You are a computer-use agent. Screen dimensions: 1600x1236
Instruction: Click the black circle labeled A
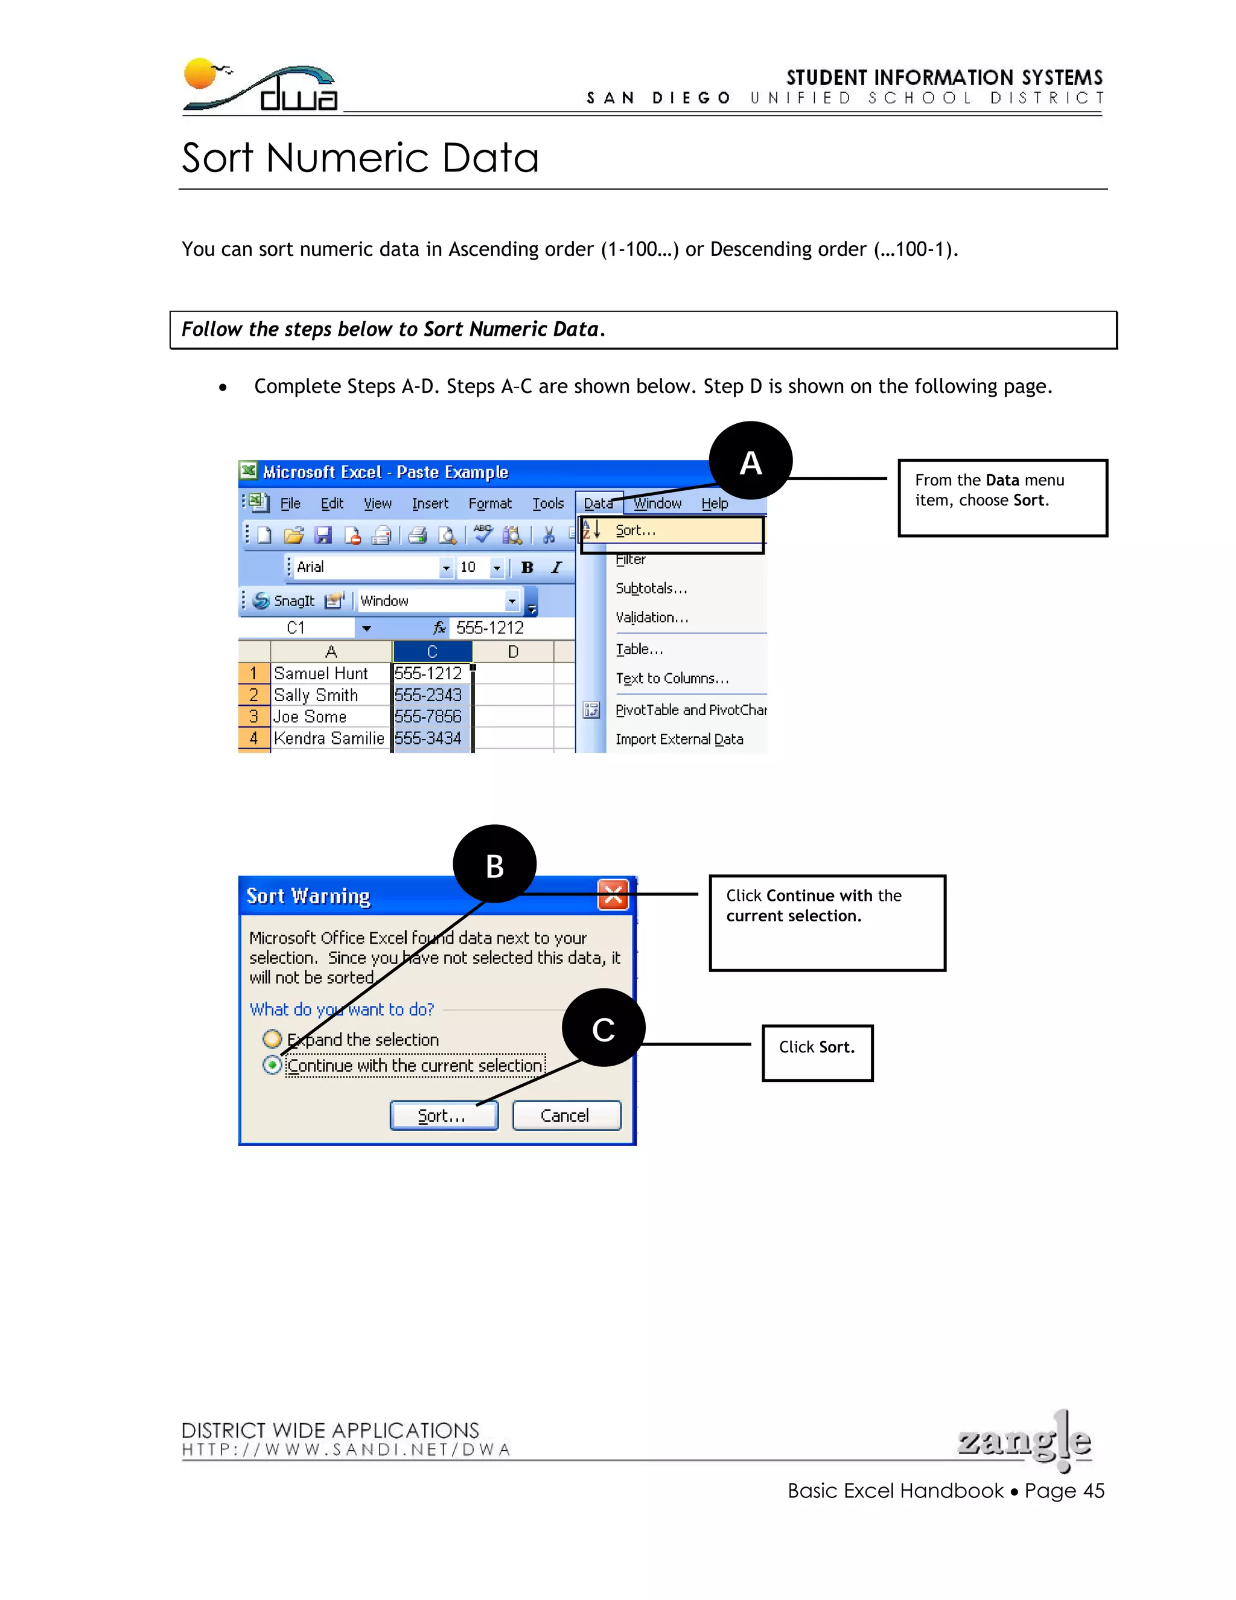(x=751, y=462)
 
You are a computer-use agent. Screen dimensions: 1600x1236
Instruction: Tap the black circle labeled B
(x=494, y=865)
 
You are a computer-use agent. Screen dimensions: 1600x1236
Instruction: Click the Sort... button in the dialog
(x=444, y=1115)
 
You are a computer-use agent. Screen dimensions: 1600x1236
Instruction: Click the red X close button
(x=613, y=895)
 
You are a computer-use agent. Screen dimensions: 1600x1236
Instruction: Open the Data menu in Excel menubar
(x=598, y=504)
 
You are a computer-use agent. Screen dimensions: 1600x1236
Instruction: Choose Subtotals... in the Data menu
(x=651, y=588)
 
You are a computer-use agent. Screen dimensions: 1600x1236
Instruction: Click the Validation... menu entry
(x=652, y=618)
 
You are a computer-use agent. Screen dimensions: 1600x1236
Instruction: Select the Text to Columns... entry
(x=672, y=679)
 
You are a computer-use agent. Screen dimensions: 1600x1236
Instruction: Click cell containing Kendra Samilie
(x=329, y=738)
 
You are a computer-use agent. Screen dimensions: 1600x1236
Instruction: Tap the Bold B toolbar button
(x=526, y=567)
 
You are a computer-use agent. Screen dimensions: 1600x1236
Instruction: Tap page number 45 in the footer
(x=1093, y=1491)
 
